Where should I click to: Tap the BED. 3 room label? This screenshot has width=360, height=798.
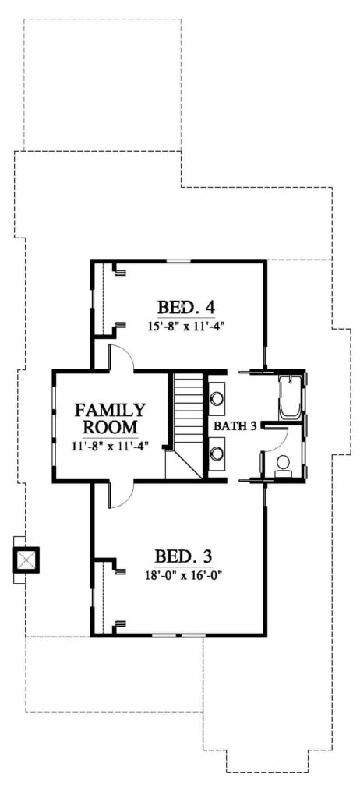coord(183,556)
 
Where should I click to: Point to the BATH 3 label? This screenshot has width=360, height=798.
coord(235,425)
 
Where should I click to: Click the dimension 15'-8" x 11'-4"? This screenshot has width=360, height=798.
coord(187,327)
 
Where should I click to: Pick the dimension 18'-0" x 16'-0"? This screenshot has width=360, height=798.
coord(184,575)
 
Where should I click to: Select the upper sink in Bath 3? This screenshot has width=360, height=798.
coord(217,397)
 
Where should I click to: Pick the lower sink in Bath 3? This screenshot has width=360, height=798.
coord(217,452)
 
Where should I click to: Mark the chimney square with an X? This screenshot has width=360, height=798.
coord(26,560)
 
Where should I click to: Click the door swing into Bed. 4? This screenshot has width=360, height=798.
coord(122,355)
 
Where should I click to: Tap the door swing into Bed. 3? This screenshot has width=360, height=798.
coord(121,495)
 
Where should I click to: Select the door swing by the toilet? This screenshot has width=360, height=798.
coord(277,439)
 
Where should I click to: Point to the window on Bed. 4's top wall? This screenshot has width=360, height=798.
coord(175,261)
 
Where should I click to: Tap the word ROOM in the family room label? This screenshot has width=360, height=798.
coord(111,426)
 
